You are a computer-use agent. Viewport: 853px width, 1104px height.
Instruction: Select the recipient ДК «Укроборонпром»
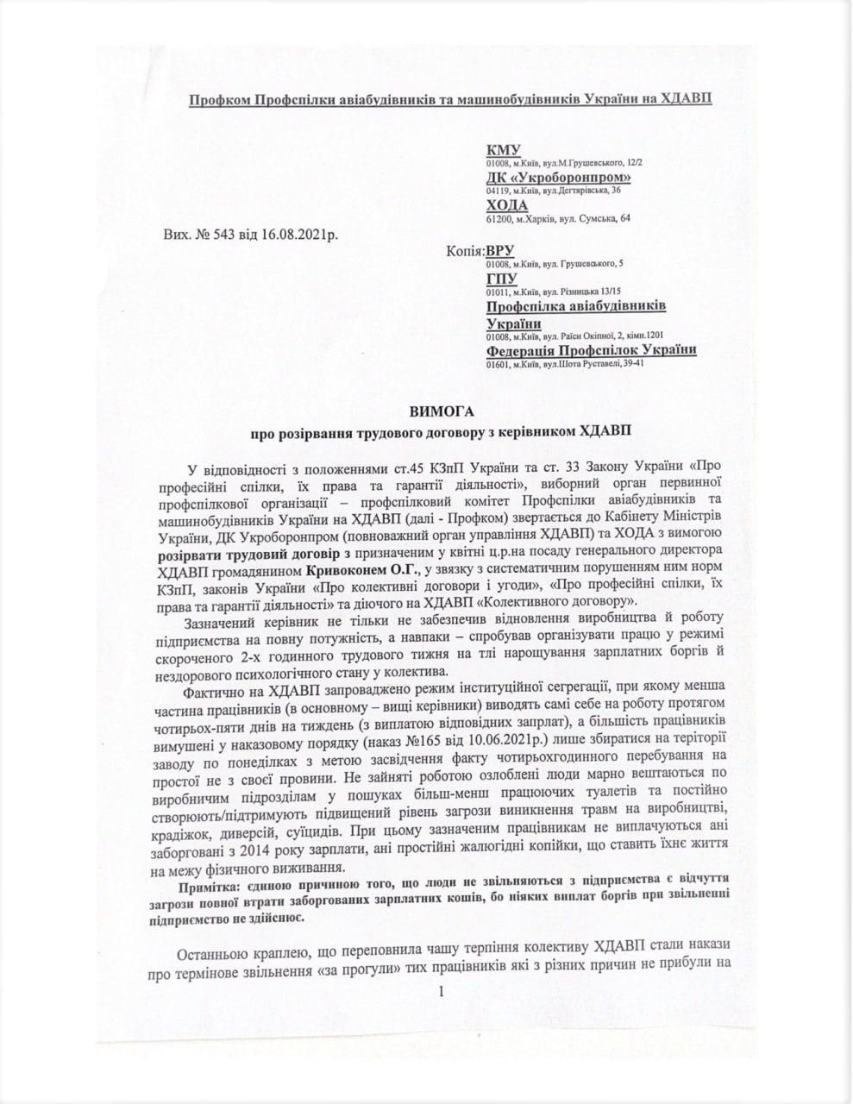coord(559,178)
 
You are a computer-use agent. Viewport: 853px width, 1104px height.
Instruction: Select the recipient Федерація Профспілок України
coord(591,350)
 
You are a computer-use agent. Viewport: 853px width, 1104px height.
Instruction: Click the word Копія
coord(465,251)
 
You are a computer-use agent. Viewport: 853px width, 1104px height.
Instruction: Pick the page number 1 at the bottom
coord(441,993)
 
